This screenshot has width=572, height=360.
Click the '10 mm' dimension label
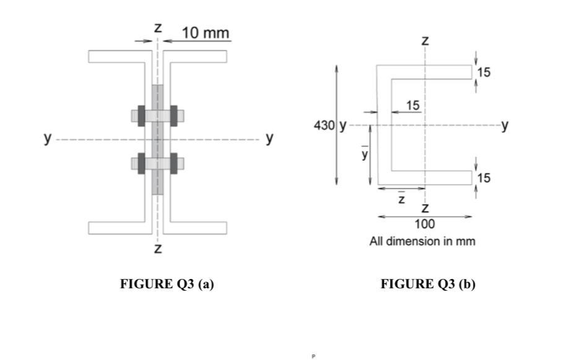tap(205, 32)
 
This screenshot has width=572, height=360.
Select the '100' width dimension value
tap(425, 224)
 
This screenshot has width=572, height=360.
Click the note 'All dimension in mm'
tap(422, 241)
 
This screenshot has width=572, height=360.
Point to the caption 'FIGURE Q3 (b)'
tap(428, 284)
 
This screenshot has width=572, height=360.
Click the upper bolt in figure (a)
tap(158, 115)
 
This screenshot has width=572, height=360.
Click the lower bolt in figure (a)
tap(158, 163)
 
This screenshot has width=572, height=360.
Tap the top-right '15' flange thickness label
tap(484, 72)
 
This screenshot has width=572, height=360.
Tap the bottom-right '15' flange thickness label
tap(484, 178)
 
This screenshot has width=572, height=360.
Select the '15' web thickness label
tap(412, 106)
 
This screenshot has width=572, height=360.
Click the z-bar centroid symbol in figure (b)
tap(401, 199)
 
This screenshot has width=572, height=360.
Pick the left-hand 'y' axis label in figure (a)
tap(47, 137)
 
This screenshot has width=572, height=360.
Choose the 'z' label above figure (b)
tap(425, 41)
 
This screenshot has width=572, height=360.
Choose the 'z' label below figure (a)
tap(158, 249)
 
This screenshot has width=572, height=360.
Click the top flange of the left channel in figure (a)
tap(118, 56)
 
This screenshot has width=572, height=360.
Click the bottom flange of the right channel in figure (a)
tap(197, 228)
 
